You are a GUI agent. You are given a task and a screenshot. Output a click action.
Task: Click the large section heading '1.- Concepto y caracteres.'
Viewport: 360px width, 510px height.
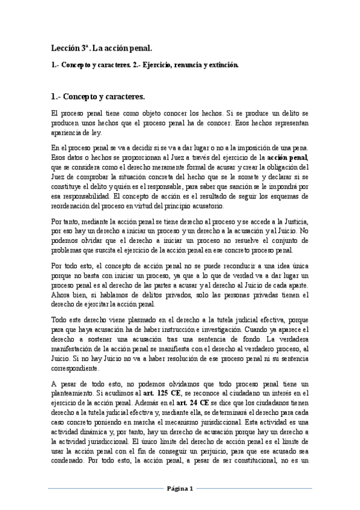coord(97,95)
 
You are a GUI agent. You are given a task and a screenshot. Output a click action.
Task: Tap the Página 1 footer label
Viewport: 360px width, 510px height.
coord(180,489)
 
